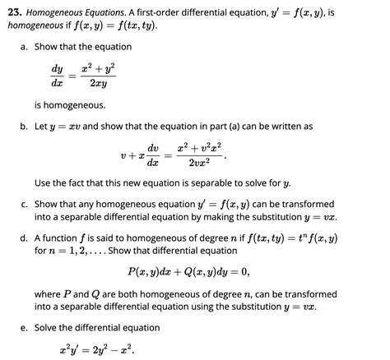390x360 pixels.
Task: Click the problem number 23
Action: click(x=12, y=12)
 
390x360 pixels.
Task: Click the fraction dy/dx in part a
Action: click(x=57, y=77)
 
